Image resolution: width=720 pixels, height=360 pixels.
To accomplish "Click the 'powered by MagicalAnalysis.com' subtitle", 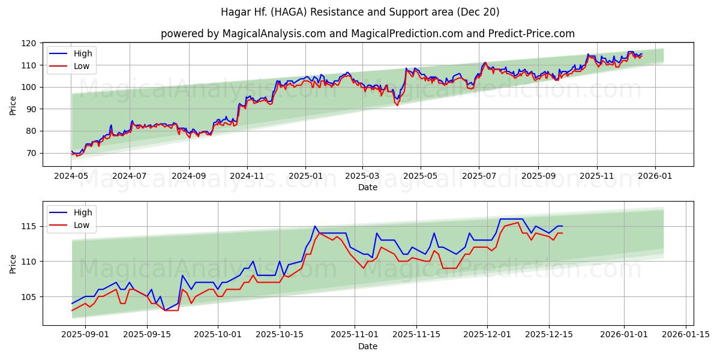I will (368, 34).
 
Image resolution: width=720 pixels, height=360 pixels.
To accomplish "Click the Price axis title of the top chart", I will (13, 105).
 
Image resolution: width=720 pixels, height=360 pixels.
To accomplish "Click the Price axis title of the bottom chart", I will (13, 263).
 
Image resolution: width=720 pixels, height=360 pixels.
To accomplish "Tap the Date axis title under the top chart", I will (368, 188).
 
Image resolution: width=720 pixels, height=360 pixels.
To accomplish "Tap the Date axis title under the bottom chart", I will (368, 347).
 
